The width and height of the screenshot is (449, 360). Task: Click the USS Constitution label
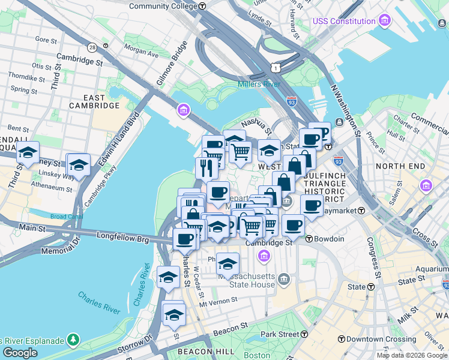click(344, 22)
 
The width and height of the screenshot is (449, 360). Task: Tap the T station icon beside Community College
click(203, 6)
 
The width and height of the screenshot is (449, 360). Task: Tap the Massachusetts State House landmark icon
click(285, 279)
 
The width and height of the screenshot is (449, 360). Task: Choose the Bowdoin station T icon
click(310, 239)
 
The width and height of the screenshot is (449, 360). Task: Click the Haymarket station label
click(339, 211)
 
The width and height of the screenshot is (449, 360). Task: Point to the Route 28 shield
click(92, 47)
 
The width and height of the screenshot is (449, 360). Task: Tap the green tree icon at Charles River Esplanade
click(73, 340)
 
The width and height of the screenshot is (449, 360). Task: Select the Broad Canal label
click(66, 217)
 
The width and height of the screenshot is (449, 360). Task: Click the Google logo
click(20, 352)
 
